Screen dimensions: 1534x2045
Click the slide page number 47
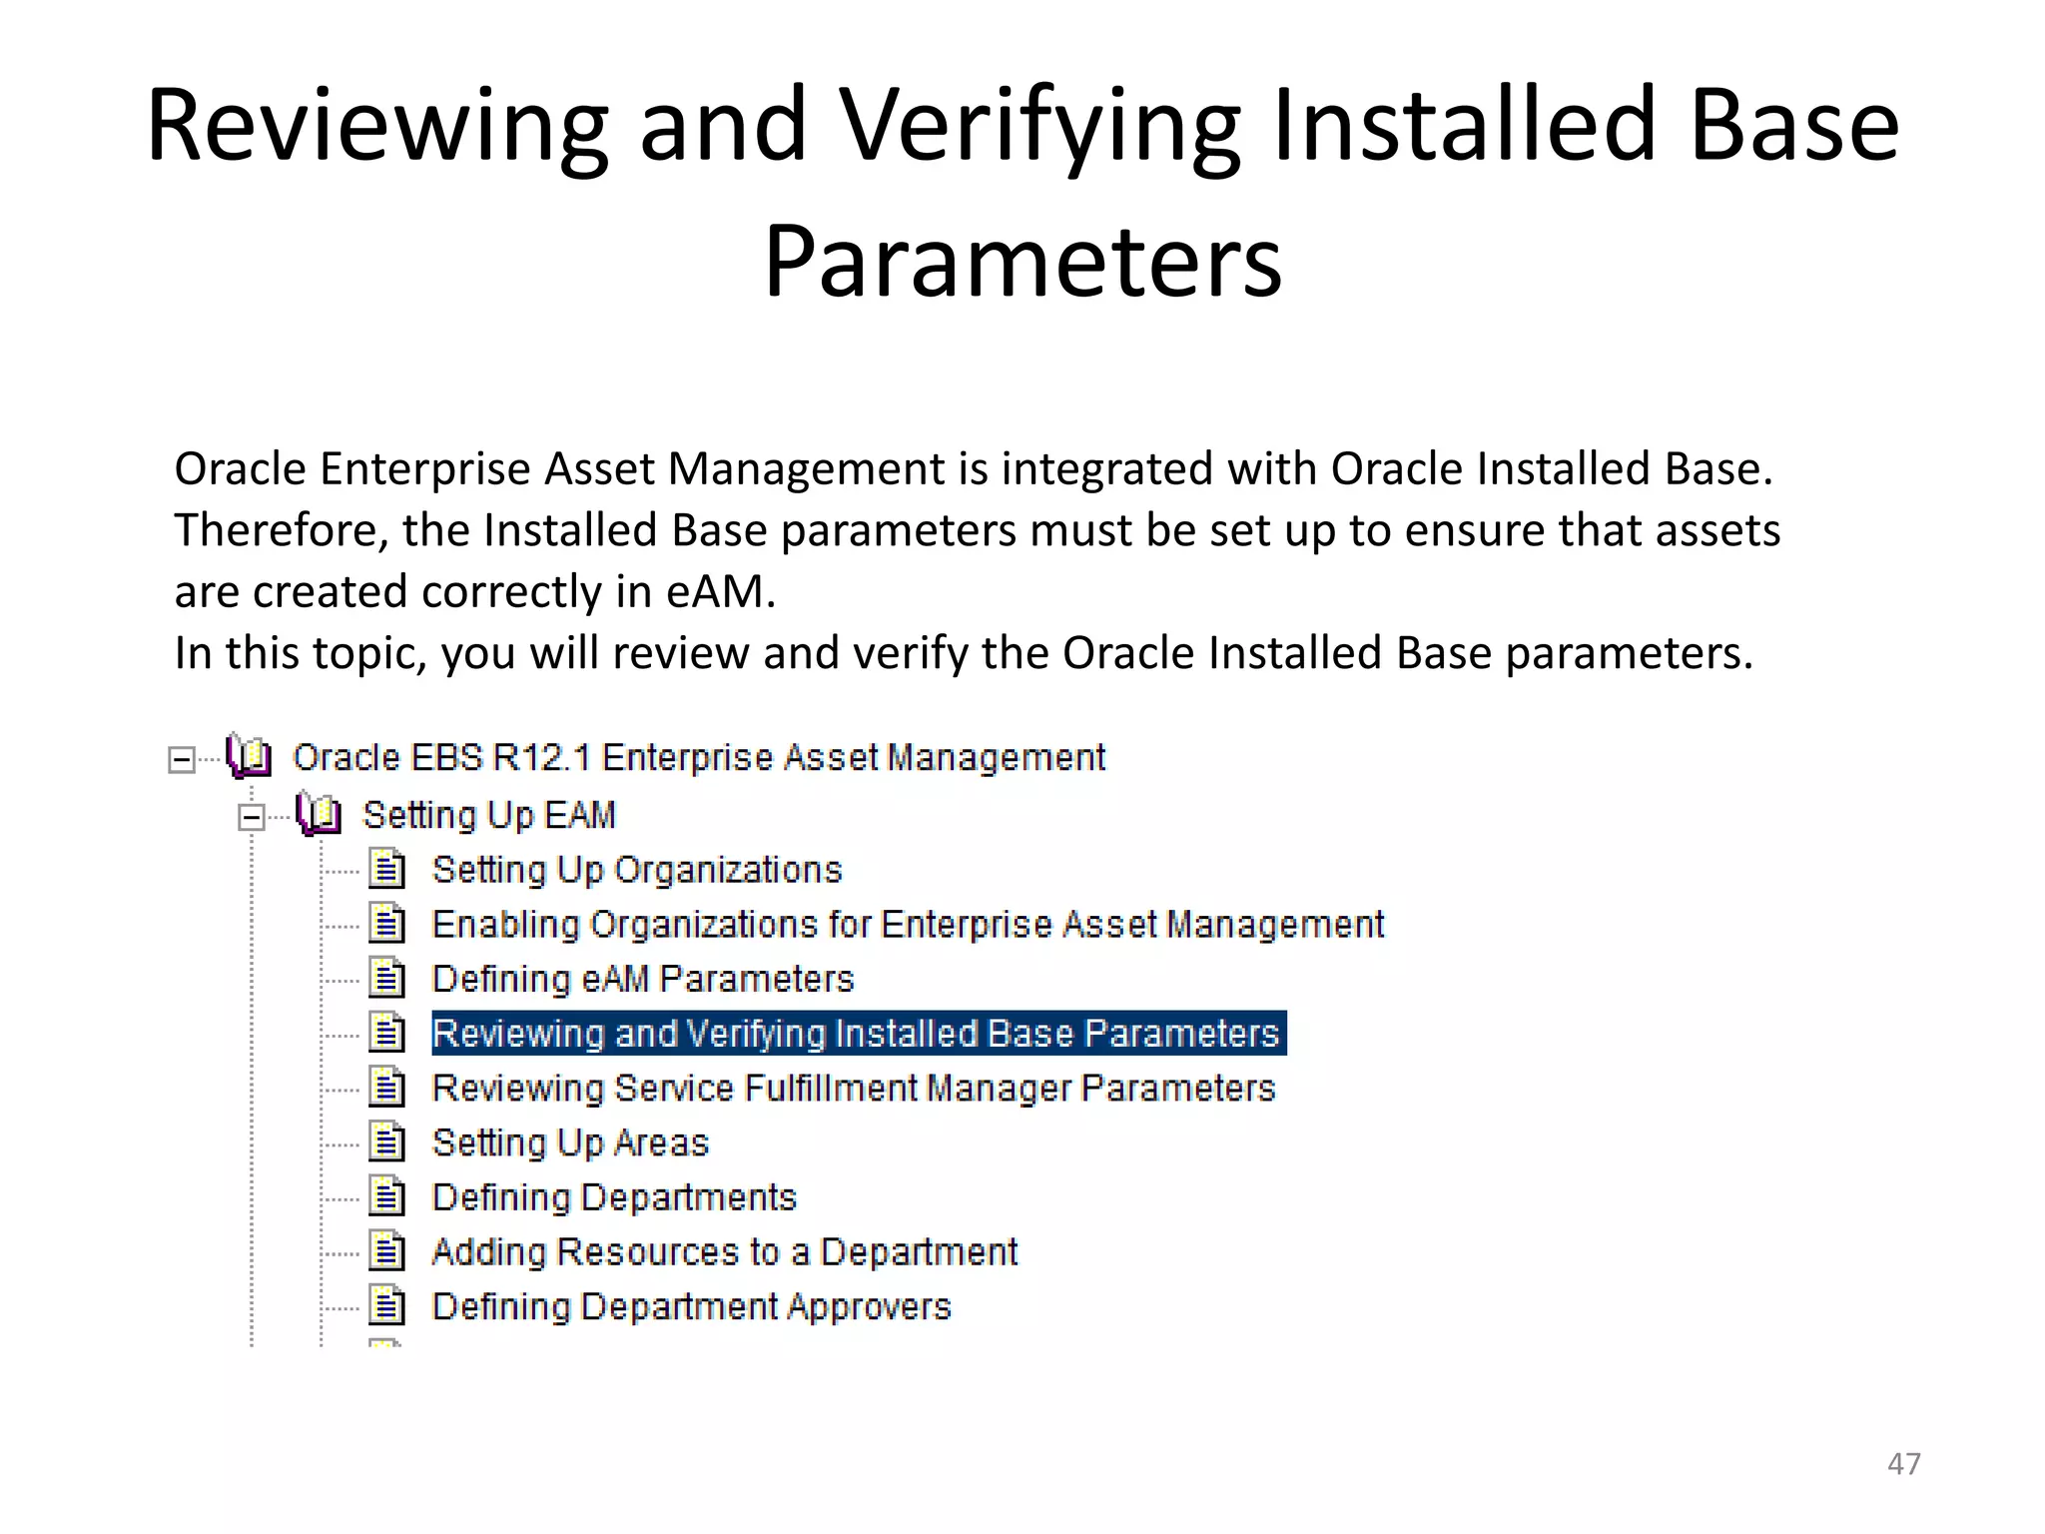point(1903,1463)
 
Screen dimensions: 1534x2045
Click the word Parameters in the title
point(1022,262)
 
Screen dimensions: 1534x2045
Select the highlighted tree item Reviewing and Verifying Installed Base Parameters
point(857,1034)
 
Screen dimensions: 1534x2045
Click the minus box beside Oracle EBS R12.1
point(182,760)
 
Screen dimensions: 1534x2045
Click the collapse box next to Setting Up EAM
point(252,818)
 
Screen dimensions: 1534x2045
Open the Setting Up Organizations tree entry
point(636,870)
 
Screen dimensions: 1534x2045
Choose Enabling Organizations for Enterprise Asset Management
point(907,925)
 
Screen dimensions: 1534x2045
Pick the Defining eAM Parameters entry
point(642,980)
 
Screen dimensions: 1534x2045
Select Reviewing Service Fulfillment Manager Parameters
point(853,1089)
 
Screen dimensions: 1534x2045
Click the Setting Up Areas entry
point(569,1143)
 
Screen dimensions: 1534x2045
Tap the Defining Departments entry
point(613,1197)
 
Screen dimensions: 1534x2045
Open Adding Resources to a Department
point(724,1252)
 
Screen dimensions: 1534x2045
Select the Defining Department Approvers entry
point(691,1307)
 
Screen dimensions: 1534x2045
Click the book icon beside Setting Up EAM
point(320,815)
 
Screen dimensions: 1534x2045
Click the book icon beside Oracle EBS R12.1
point(249,756)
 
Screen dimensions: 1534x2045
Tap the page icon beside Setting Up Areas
point(386,1143)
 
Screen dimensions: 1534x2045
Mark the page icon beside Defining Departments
point(386,1196)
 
